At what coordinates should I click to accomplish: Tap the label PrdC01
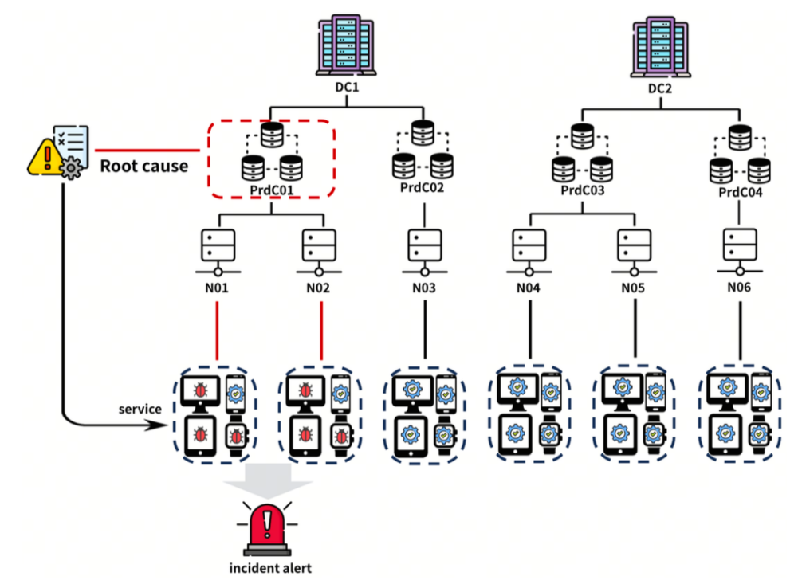271,190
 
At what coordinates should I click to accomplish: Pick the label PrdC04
741,192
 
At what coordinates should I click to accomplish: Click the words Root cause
143,167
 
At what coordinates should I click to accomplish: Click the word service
140,409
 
